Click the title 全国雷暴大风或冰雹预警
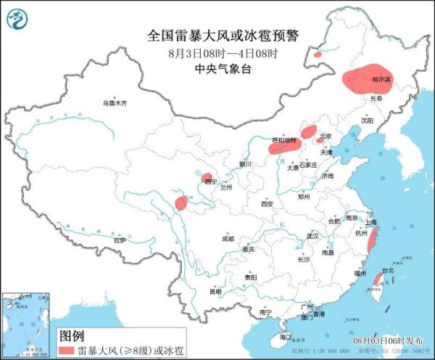(218, 34)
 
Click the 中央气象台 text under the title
(218, 68)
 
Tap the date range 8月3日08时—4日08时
(218, 52)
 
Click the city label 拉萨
(120, 240)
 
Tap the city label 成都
(228, 238)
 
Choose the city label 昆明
(215, 292)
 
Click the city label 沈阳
(370, 121)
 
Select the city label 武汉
(312, 236)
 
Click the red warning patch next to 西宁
(207, 178)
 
